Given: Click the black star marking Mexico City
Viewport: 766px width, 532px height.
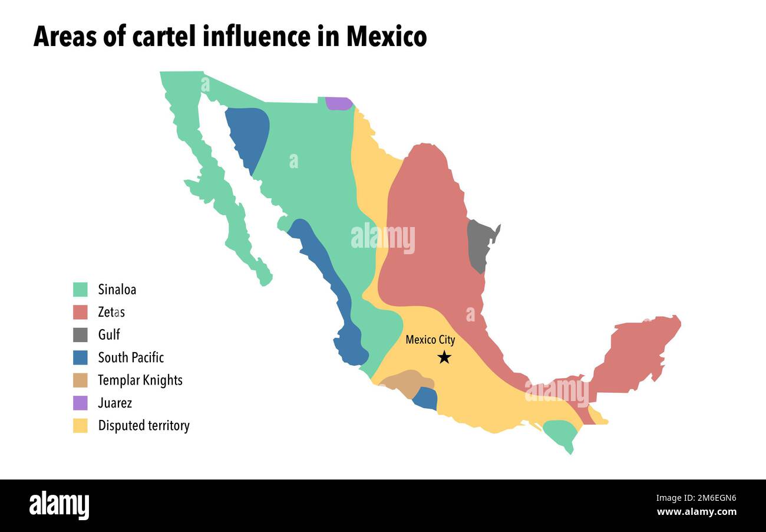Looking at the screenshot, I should tap(444, 357).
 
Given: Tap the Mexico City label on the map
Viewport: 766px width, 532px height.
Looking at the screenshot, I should tap(430, 340).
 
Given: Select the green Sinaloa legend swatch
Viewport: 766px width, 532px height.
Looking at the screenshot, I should tap(80, 290).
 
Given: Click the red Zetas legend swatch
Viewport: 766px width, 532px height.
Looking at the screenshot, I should tap(80, 312).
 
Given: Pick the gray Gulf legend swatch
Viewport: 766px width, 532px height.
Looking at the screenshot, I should tap(80, 335).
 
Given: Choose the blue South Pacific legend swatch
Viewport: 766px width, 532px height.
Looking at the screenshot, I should tap(80, 357).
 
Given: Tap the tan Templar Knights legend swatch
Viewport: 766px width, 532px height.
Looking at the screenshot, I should tap(80, 380).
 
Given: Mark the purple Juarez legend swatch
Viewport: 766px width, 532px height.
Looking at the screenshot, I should tap(80, 403).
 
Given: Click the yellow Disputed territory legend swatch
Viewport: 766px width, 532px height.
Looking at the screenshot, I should tap(80, 426).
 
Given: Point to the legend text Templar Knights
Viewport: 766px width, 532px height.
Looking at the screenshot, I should tap(140, 380).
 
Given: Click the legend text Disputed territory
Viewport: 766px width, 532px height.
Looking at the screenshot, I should tap(144, 426).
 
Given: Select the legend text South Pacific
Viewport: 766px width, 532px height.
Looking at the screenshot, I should tap(131, 357).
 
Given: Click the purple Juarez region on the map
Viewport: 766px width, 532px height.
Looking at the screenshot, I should tap(338, 103).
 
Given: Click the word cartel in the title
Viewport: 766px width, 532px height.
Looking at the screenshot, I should tap(163, 37).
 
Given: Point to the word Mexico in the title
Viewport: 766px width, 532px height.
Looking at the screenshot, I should tap(386, 37).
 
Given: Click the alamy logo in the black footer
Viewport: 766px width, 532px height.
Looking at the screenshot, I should tap(59, 505).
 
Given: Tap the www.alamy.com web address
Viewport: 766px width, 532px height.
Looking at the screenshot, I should tap(696, 512).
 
